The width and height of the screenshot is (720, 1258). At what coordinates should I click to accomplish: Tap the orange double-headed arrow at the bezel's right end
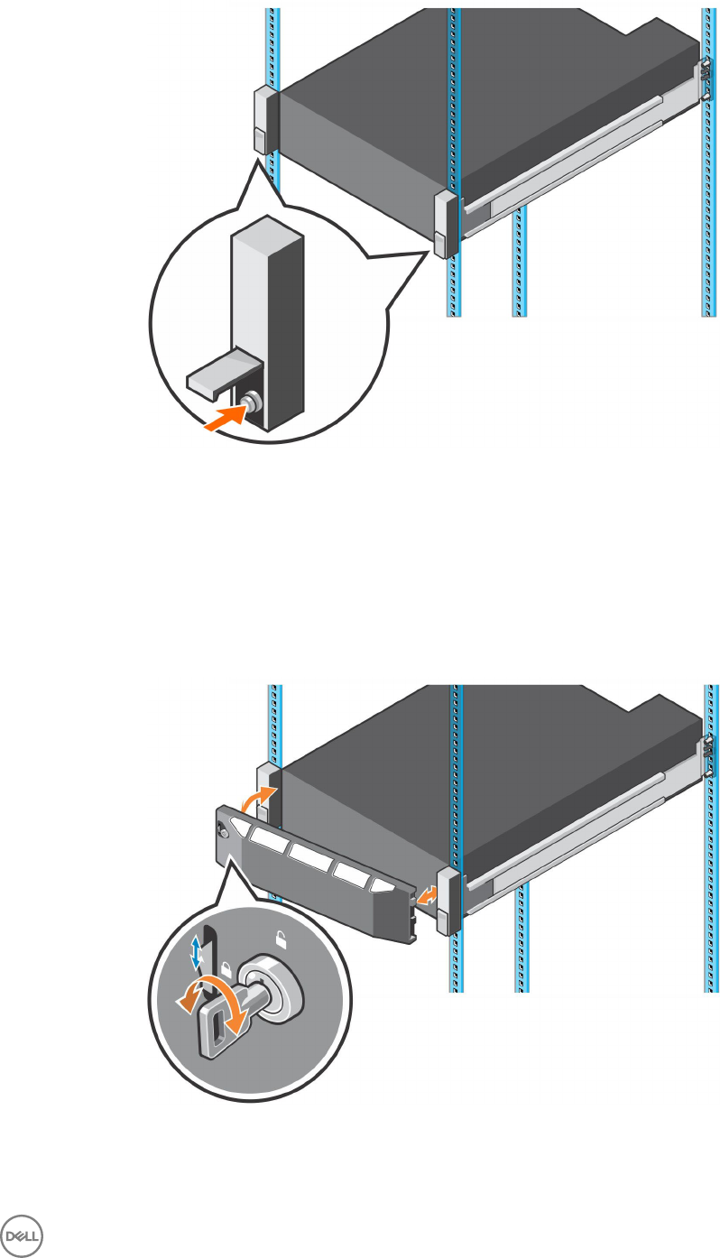pos(429,896)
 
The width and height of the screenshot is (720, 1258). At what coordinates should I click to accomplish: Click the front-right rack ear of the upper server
pos(446,225)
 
